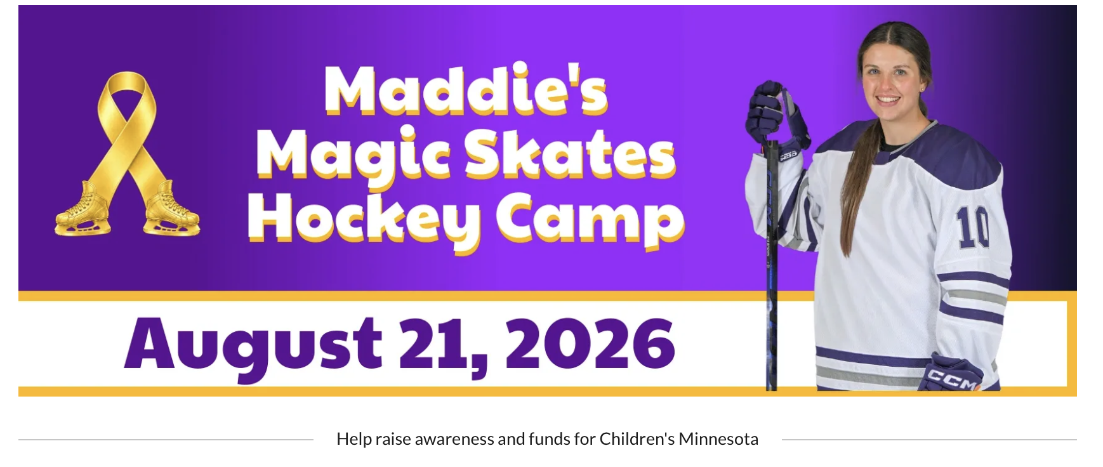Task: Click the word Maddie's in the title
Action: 466,90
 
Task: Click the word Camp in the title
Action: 590,221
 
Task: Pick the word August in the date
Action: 253,346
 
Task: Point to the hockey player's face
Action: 894,79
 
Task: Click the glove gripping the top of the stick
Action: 776,117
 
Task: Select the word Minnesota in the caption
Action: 718,439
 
